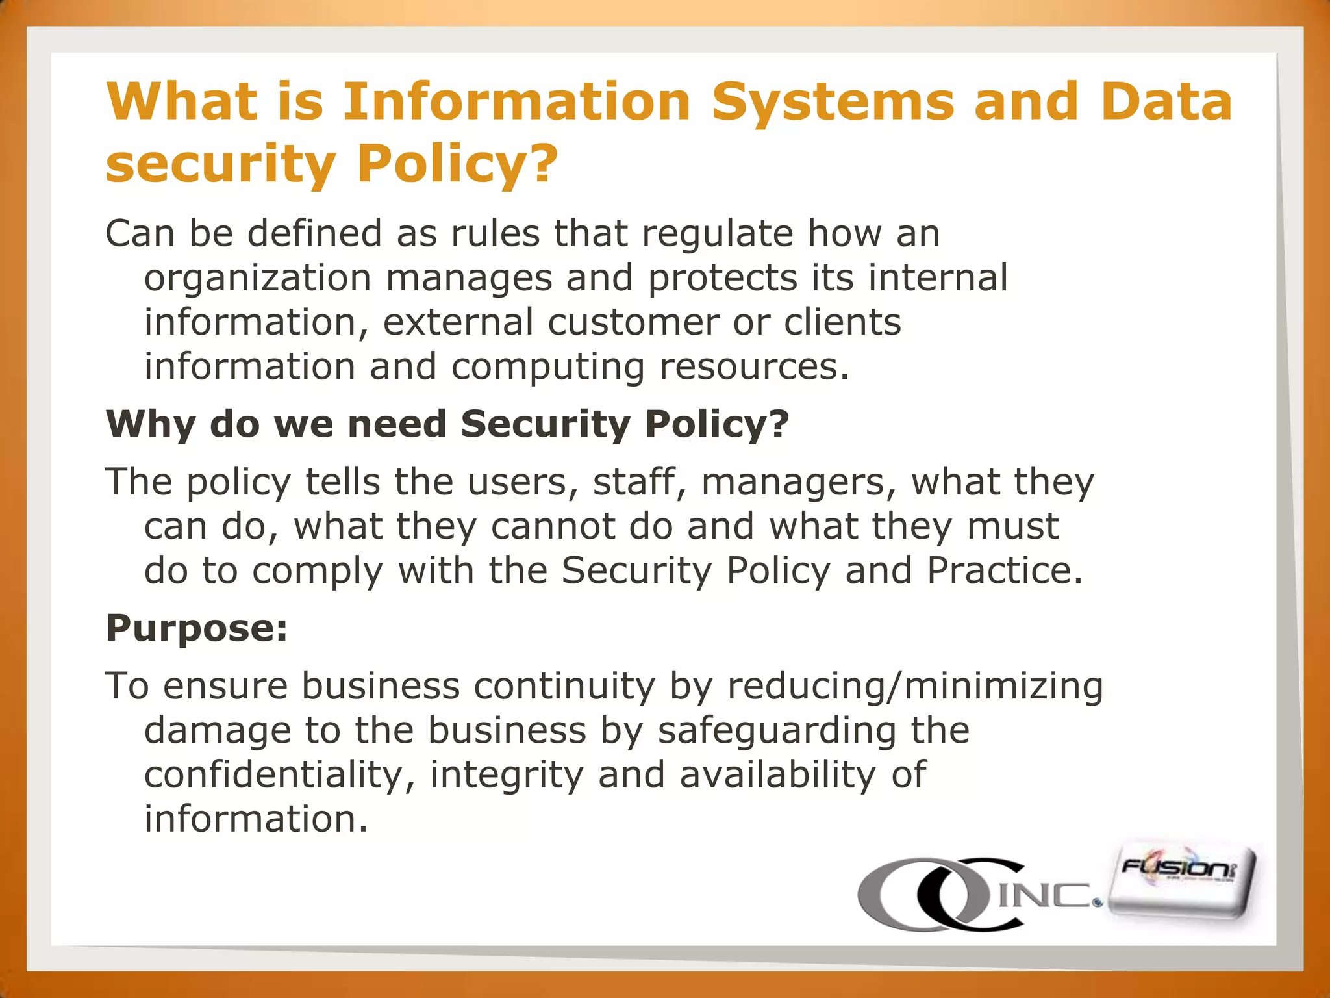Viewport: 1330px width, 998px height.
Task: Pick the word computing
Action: click(x=547, y=368)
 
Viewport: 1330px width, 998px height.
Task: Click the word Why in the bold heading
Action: click(x=151, y=424)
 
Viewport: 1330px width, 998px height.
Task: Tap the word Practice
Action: click(x=1004, y=570)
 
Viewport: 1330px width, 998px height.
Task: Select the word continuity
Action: click(x=564, y=686)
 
